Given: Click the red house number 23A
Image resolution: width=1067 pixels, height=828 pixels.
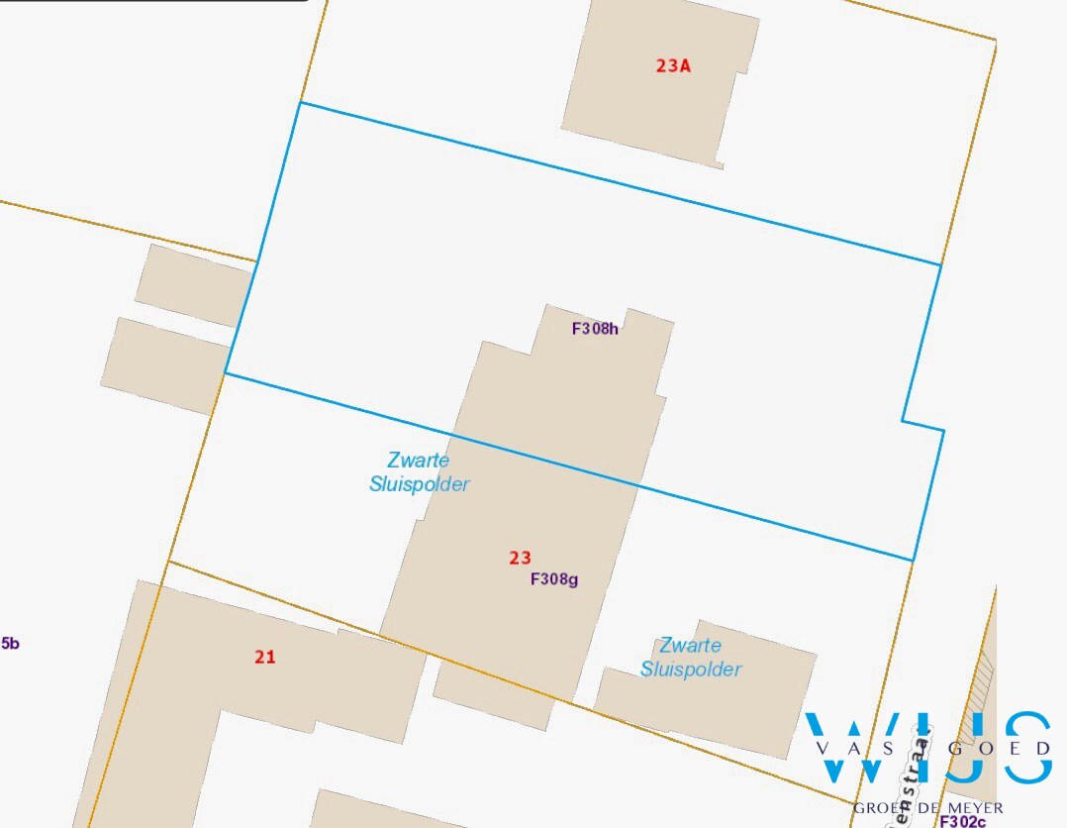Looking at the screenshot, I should pyautogui.click(x=672, y=66).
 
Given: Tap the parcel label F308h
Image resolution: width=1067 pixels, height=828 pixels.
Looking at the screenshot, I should pyautogui.click(x=595, y=329).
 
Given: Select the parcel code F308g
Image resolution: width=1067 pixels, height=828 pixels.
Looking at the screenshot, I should pyautogui.click(x=554, y=579).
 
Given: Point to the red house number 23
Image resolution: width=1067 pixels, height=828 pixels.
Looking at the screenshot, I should pyautogui.click(x=520, y=559).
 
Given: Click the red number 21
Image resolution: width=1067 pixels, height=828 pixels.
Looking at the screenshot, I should pyautogui.click(x=264, y=656).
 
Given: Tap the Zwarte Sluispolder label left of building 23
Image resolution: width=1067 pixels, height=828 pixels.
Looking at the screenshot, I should pyautogui.click(x=419, y=472).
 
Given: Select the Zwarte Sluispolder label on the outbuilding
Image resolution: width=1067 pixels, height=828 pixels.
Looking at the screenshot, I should pyautogui.click(x=691, y=658).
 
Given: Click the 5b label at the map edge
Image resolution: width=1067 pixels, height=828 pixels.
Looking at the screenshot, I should pyautogui.click(x=10, y=644).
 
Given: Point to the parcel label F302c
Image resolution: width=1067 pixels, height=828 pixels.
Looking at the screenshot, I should pyautogui.click(x=962, y=821).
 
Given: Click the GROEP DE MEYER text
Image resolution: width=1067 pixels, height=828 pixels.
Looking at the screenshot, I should pyautogui.click(x=927, y=808).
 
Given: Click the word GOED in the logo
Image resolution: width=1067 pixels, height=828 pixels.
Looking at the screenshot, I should pyautogui.click(x=999, y=749).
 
